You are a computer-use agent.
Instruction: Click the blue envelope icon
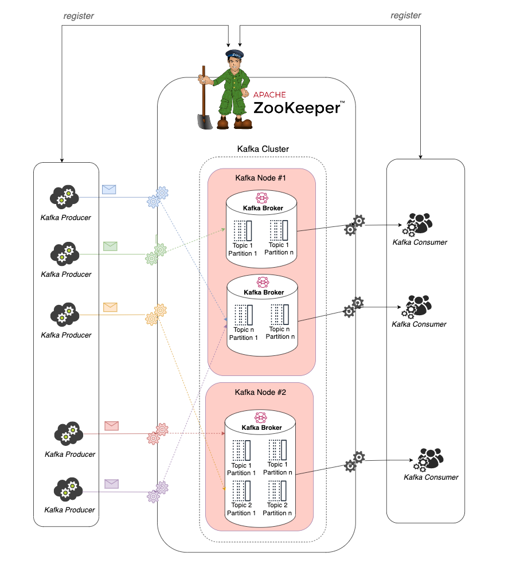coord(109,190)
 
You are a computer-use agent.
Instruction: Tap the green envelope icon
coord(110,246)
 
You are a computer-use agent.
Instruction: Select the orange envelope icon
coord(110,307)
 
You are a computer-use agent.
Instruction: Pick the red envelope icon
coord(111,426)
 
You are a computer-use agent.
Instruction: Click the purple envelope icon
coord(111,484)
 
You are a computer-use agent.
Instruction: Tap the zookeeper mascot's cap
coord(234,54)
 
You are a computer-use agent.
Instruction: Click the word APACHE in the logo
coord(269,95)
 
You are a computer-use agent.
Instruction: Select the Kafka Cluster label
coord(263,149)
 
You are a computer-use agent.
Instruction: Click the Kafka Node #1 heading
coord(261,178)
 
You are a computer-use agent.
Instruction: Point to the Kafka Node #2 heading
coord(260,393)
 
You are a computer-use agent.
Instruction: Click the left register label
coord(79,16)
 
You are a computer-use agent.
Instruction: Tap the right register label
coord(406,16)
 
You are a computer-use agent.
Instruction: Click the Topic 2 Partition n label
coord(277,508)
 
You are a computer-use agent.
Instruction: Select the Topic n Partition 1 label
coord(244,334)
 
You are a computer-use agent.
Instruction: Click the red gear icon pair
coord(157,434)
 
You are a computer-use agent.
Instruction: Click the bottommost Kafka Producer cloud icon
coord(68,489)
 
